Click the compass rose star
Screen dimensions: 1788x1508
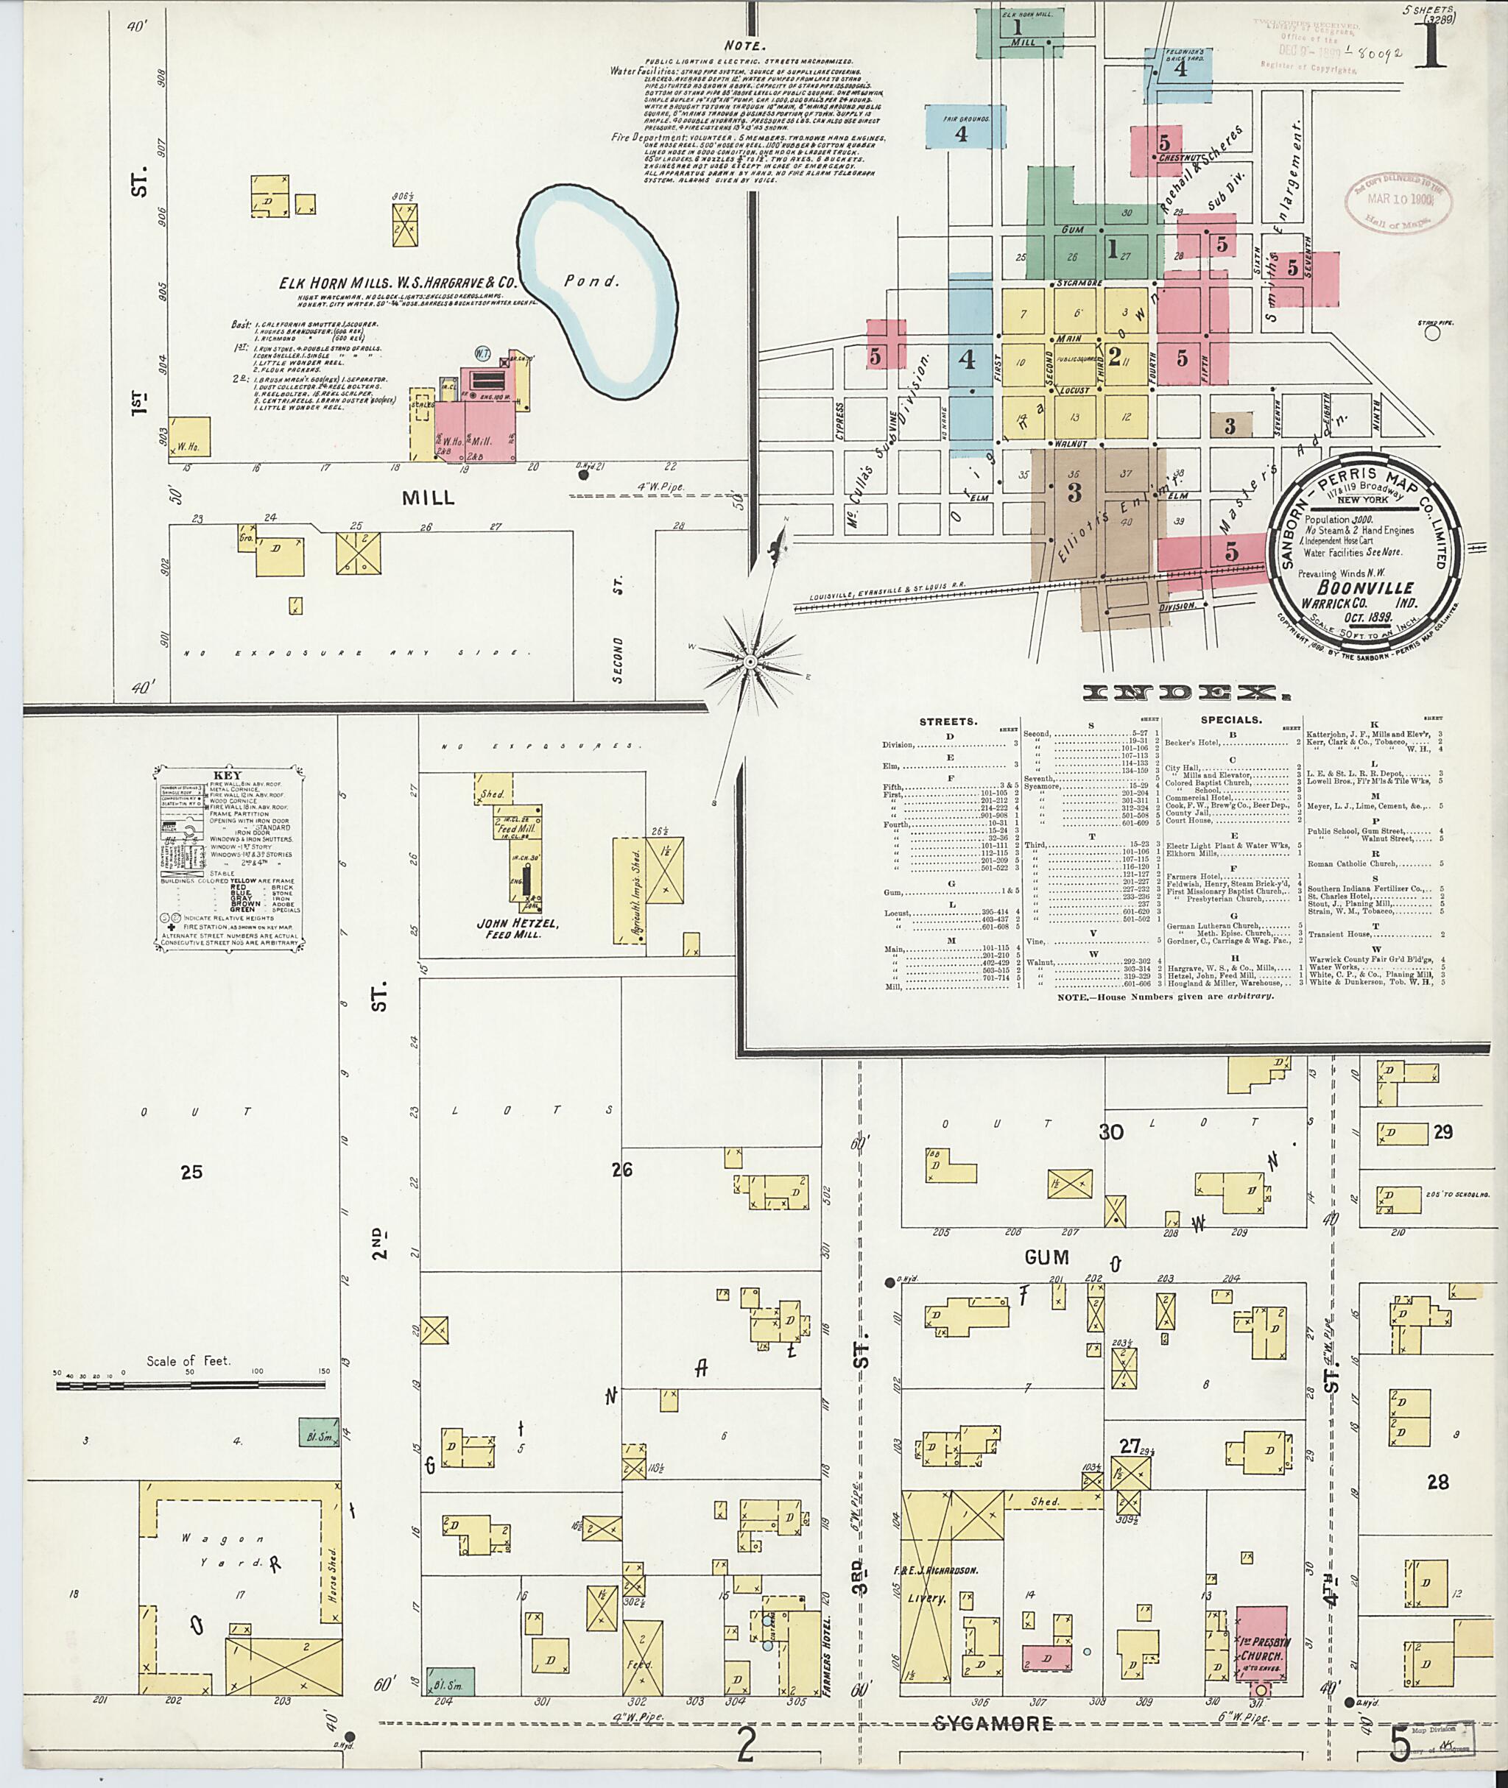point(750,661)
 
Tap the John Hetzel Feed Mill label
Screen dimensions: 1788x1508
point(504,928)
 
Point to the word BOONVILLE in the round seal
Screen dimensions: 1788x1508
point(1365,588)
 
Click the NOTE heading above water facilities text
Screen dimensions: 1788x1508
point(744,46)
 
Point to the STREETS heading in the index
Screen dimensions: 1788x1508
point(949,721)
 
